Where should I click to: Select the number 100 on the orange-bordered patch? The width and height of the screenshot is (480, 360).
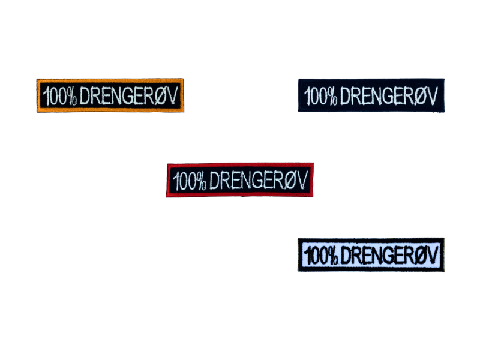coord(55,95)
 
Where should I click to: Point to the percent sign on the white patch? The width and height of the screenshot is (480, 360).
coord(334,256)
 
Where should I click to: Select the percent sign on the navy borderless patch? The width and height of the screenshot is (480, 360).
coord(335,96)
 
